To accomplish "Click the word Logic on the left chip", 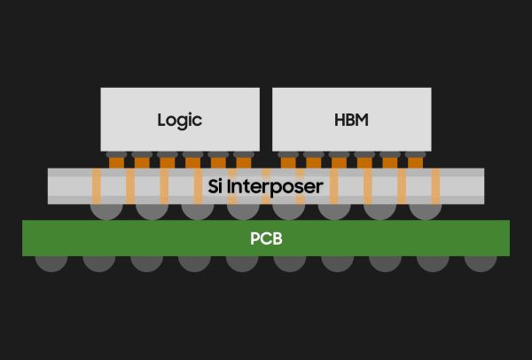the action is [x=180, y=121].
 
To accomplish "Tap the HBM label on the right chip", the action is [x=351, y=120].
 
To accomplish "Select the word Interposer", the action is [x=275, y=187].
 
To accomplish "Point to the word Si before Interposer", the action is [x=215, y=186].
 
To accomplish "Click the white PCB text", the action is [x=266, y=239].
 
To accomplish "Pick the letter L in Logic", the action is [x=161, y=120].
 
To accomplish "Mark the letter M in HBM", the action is [x=362, y=120].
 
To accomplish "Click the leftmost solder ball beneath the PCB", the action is [x=51, y=263].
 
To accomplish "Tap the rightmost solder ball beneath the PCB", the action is [x=481, y=263].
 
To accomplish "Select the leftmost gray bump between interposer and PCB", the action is [x=106, y=212].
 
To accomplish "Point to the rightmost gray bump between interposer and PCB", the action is [x=426, y=212].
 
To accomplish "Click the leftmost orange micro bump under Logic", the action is [x=117, y=163].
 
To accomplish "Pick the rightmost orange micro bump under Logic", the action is [x=244, y=163].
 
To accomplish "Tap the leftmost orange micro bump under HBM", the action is [x=288, y=163].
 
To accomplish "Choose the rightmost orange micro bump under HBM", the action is [x=415, y=163].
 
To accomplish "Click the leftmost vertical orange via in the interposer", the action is [x=97, y=186].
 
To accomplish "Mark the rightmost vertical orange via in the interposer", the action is [x=435, y=186].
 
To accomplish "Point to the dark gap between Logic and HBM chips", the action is [x=266, y=120].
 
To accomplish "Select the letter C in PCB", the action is [x=266, y=239].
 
